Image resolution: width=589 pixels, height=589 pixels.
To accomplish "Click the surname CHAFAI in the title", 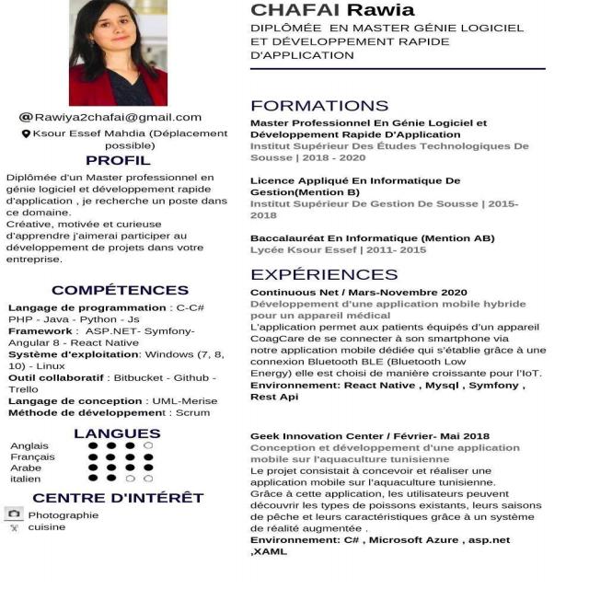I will point(295,11).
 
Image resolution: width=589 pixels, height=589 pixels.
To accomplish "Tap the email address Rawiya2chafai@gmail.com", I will point(118,117).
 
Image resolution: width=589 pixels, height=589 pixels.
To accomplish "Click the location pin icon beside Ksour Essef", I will point(26,133).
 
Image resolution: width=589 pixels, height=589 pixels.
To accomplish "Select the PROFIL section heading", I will point(117,161).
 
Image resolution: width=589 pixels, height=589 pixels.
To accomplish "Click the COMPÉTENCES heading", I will point(120,290).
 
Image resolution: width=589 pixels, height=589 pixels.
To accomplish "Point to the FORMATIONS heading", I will point(319,105).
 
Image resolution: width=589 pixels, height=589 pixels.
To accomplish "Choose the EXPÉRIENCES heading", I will point(324,274).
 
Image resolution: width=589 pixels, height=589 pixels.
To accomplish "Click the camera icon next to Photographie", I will point(14,514).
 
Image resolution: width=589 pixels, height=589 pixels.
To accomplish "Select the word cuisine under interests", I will point(47,527).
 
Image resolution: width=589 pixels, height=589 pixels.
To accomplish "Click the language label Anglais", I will point(29,446).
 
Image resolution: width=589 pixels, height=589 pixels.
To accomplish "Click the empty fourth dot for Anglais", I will point(149,446).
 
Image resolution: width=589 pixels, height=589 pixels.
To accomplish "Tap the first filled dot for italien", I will point(93,479).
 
